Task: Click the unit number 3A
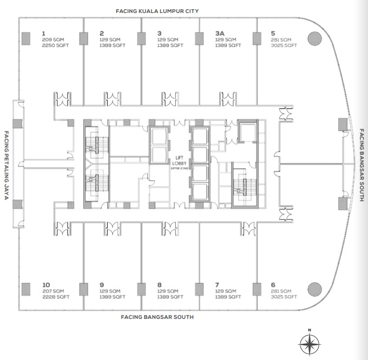click(220, 34)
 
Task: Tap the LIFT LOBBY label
click(179, 161)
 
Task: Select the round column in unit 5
click(314, 39)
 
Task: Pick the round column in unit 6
click(314, 289)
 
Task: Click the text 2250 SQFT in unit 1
click(55, 45)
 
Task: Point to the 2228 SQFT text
click(56, 297)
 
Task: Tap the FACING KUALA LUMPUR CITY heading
click(157, 11)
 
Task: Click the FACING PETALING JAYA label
click(6, 165)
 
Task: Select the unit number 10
click(46, 285)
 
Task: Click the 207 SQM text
click(53, 291)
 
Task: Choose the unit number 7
click(217, 285)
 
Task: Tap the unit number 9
click(102, 285)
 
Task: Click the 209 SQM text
click(53, 39)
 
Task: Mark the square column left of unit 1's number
click(26, 39)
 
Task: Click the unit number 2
click(102, 34)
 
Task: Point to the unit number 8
click(159, 285)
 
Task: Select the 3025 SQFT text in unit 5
click(284, 45)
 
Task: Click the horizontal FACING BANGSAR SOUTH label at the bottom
click(157, 317)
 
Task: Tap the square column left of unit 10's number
click(26, 289)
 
